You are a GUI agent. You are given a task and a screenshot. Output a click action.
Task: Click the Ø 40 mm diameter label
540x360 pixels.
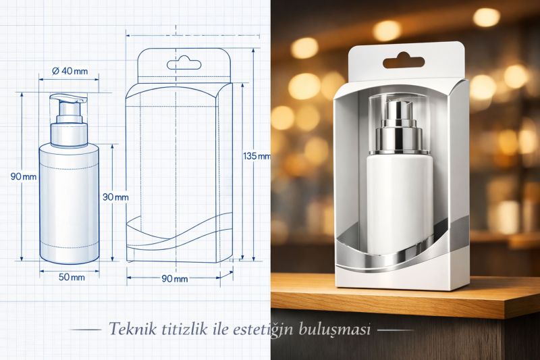(70, 72)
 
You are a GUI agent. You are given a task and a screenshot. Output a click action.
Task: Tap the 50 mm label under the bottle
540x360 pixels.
(71, 277)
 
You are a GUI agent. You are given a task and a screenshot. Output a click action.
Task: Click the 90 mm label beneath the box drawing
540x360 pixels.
(175, 279)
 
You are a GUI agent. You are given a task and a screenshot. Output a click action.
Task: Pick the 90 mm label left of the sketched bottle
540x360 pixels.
(24, 176)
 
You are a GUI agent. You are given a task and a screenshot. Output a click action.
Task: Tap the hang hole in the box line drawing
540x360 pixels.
(184, 65)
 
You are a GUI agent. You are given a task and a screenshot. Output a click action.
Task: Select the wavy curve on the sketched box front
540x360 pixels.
(179, 233)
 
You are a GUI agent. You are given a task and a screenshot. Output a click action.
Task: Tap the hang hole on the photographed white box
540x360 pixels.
(404, 61)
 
